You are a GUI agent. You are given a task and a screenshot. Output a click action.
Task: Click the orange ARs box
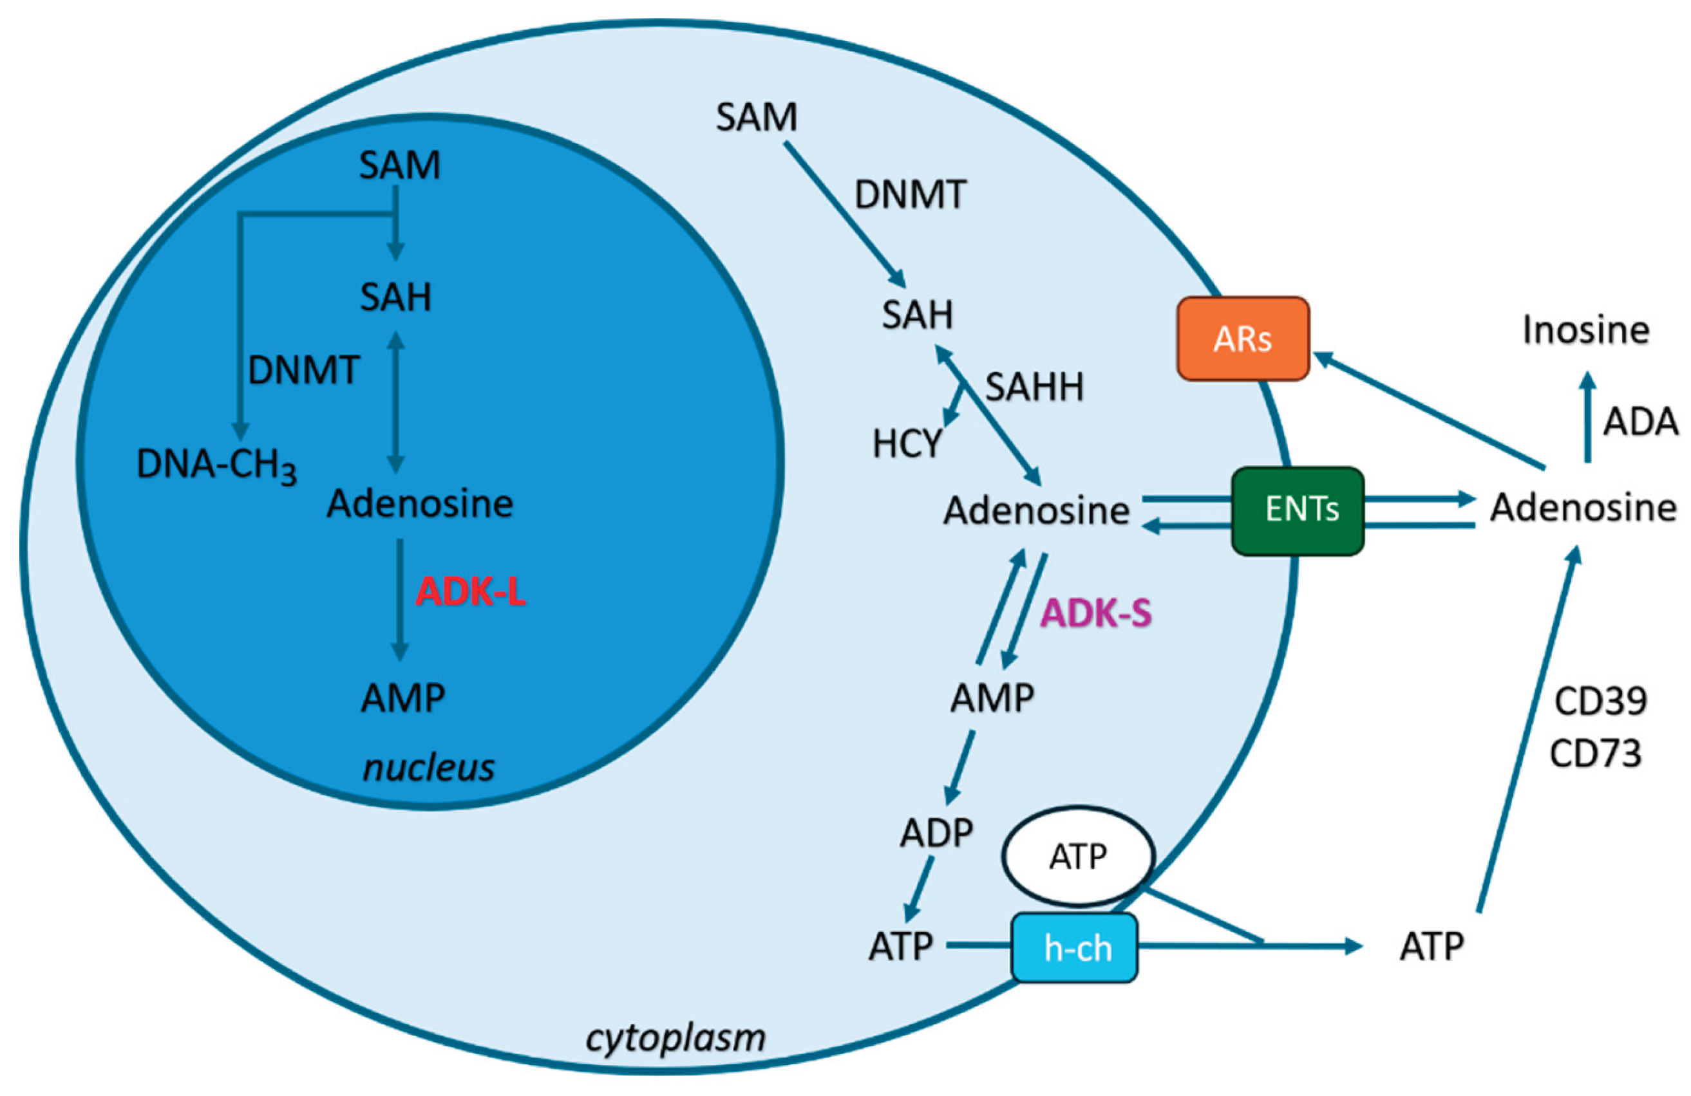coord(1243,339)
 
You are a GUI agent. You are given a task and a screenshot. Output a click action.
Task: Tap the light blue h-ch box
coord(1074,947)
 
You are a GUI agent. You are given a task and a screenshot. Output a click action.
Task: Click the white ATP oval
coord(1078,857)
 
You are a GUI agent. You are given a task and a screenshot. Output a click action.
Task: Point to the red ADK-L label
coord(470,591)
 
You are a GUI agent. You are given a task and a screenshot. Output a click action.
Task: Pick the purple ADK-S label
coord(1095,613)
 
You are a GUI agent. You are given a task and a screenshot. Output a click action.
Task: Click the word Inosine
coord(1585,330)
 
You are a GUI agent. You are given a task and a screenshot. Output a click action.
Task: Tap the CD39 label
coord(1600,701)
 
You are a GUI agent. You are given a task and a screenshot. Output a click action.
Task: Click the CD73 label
coord(1596,754)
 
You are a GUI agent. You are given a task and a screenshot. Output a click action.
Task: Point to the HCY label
coord(907,445)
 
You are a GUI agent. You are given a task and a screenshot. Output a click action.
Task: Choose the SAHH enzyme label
coord(1034,387)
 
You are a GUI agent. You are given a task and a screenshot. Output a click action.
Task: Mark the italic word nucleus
coord(428,768)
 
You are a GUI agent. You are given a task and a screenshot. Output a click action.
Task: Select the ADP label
coord(936,833)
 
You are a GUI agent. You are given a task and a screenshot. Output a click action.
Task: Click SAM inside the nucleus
coord(399,165)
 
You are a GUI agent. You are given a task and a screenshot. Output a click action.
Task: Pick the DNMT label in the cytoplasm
coord(910,194)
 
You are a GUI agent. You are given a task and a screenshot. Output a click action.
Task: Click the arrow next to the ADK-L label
coord(400,600)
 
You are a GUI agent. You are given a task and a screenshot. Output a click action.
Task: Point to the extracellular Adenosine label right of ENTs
coord(1583,508)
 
